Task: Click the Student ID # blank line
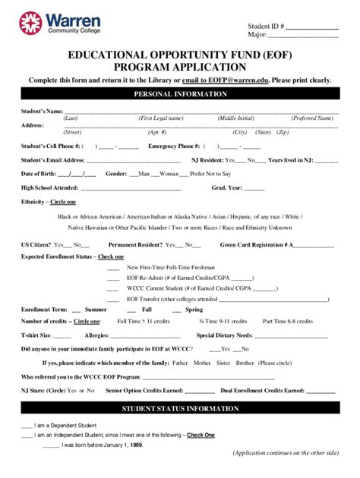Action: (311, 28)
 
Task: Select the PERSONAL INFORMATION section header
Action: (180, 94)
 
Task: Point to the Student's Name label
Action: (42, 112)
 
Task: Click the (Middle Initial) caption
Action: (236, 119)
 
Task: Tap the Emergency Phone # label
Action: (174, 146)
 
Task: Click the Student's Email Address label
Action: (52, 160)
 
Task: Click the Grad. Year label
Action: (227, 187)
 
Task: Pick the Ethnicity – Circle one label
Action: (49, 202)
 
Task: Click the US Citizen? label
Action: (36, 244)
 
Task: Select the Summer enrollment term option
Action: (96, 310)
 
